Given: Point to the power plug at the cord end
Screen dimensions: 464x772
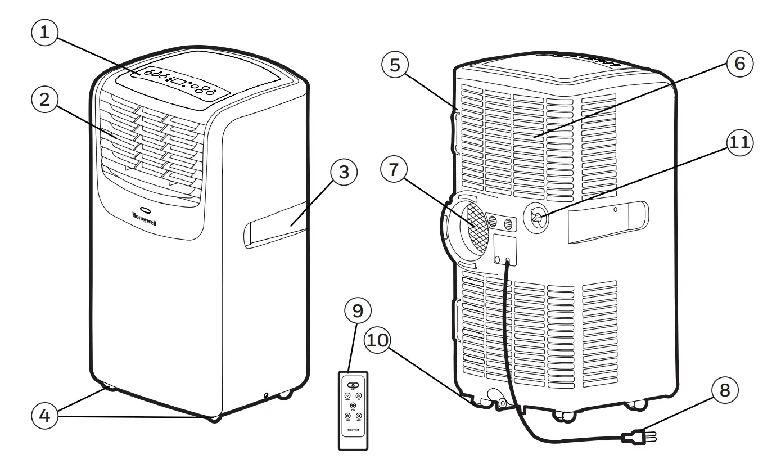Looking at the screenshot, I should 635,436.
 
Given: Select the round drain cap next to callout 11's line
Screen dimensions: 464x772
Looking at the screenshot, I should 536,217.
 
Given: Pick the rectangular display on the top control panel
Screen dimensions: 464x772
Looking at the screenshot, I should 179,82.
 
